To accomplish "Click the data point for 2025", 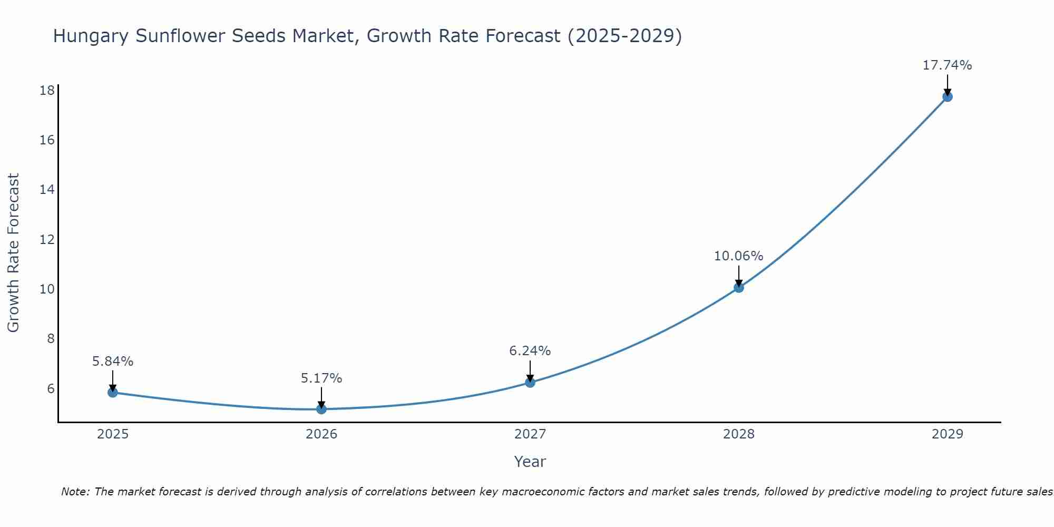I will (112, 392).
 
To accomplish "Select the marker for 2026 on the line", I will (321, 409).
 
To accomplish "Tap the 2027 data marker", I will (530, 382).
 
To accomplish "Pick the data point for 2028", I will (739, 287).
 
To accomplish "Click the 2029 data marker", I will (947, 96).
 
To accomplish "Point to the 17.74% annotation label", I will (947, 65).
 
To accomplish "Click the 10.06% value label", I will (738, 256).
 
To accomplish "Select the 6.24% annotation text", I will (530, 351).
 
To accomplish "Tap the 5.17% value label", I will (321, 378).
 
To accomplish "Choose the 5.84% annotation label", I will (113, 362).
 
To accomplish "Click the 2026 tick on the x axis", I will (321, 434).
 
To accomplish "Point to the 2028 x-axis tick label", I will (739, 434).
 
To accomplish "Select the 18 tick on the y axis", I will (47, 91).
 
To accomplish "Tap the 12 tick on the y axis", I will (47, 240).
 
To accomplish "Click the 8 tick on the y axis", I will (51, 339).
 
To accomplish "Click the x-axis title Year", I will (530, 462).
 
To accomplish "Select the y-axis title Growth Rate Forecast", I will (13, 253).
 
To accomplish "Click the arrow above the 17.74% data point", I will (947, 84).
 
